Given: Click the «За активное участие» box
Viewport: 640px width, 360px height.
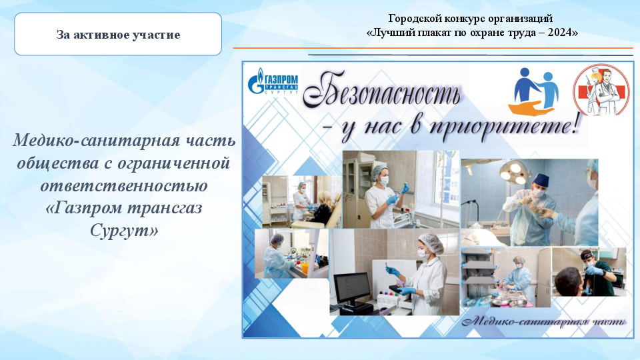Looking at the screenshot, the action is click(118, 34).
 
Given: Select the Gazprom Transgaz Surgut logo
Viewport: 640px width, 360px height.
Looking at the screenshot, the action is click(273, 81).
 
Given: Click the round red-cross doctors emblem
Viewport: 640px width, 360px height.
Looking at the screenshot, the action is click(601, 90).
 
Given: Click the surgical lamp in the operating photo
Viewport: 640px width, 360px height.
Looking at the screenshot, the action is click(515, 171).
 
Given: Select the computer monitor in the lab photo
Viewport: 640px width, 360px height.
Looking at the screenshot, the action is click(352, 288).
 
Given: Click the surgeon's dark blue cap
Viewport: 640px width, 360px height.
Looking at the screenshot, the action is click(541, 180).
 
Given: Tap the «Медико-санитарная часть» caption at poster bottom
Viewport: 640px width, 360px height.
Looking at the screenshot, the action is click(544, 321).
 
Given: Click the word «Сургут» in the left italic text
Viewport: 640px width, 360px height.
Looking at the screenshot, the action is click(124, 230).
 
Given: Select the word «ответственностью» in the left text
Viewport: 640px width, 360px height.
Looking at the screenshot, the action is click(124, 185).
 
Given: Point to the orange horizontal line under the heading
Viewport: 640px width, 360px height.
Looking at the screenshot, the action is click(433, 48).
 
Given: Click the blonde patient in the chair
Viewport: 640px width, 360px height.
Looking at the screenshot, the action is click(322, 208).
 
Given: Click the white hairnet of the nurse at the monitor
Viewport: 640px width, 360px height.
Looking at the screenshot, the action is click(432, 243).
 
